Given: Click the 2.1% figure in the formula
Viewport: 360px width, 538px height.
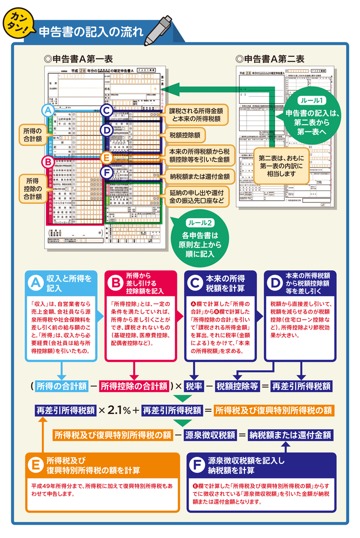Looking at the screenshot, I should click(118, 410).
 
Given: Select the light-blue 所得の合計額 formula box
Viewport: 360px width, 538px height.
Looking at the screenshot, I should click(61, 386).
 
